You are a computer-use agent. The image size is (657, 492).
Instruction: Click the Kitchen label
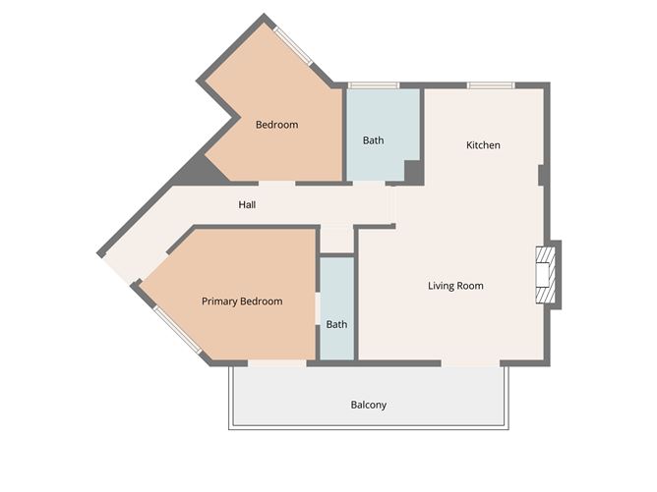(483, 145)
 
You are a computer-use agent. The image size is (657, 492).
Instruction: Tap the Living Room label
(455, 286)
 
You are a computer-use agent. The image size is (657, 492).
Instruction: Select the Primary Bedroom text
(242, 301)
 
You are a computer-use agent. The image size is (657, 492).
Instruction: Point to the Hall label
(247, 205)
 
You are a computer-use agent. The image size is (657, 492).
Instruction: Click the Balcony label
(369, 405)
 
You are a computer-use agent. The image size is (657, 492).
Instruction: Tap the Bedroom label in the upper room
(276, 125)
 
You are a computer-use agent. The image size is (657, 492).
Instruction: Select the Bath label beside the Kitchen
(373, 140)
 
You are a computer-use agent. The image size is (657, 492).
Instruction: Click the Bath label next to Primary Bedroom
(336, 324)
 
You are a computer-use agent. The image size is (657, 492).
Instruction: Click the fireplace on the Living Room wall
(545, 274)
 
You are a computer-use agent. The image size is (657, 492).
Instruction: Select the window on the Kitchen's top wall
(491, 86)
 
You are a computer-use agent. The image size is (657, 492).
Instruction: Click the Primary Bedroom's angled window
(178, 330)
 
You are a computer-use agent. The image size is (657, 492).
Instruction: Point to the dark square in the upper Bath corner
(413, 171)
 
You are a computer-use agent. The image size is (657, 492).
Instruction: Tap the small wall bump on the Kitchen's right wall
(542, 175)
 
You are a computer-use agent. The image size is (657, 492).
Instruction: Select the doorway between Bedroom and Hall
(276, 183)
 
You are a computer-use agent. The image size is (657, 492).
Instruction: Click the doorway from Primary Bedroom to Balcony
(276, 363)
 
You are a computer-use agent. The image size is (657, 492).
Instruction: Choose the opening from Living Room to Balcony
(471, 363)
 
